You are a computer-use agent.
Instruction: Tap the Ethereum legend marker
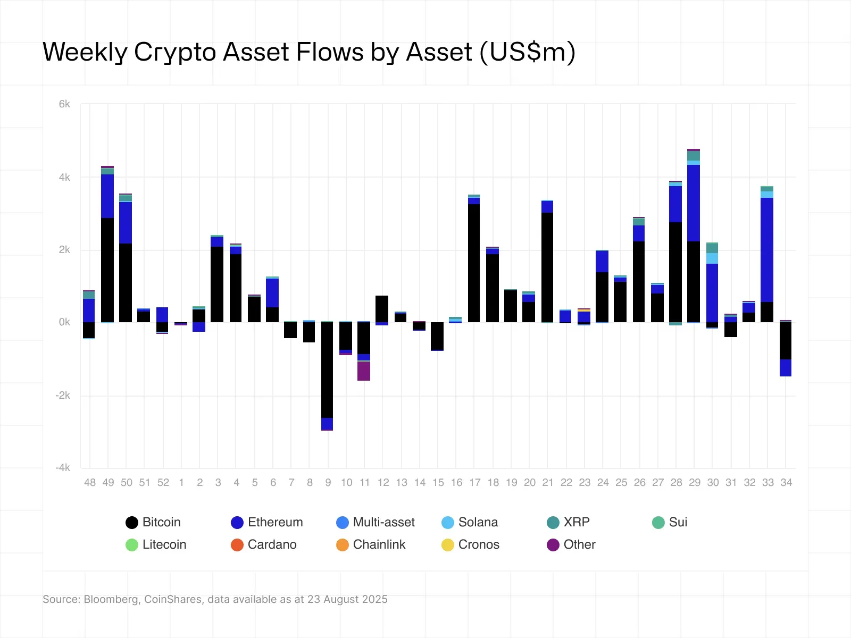pos(237,523)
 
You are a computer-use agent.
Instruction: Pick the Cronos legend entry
pos(470,544)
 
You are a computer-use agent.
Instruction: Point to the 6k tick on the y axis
pos(64,104)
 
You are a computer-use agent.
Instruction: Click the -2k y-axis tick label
pos(63,395)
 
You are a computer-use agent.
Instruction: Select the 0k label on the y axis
pos(64,322)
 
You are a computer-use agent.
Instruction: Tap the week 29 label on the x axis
pos(695,482)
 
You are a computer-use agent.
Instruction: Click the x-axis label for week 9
pos(328,482)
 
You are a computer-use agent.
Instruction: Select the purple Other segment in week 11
pos(364,371)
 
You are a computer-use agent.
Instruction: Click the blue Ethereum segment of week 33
pos(767,250)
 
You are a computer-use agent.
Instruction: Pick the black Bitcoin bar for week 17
pos(474,263)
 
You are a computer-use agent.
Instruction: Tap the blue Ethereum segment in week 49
pos(107,196)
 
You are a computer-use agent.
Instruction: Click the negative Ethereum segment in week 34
pos(786,368)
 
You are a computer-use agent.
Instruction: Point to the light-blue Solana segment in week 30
pos(712,258)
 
